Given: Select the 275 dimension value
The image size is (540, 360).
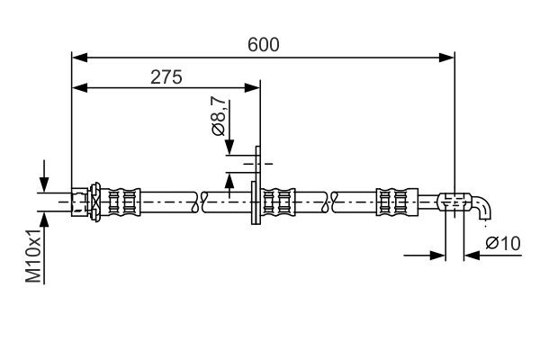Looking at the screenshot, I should tap(166, 77).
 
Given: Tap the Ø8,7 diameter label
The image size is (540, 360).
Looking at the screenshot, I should tap(219, 118).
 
